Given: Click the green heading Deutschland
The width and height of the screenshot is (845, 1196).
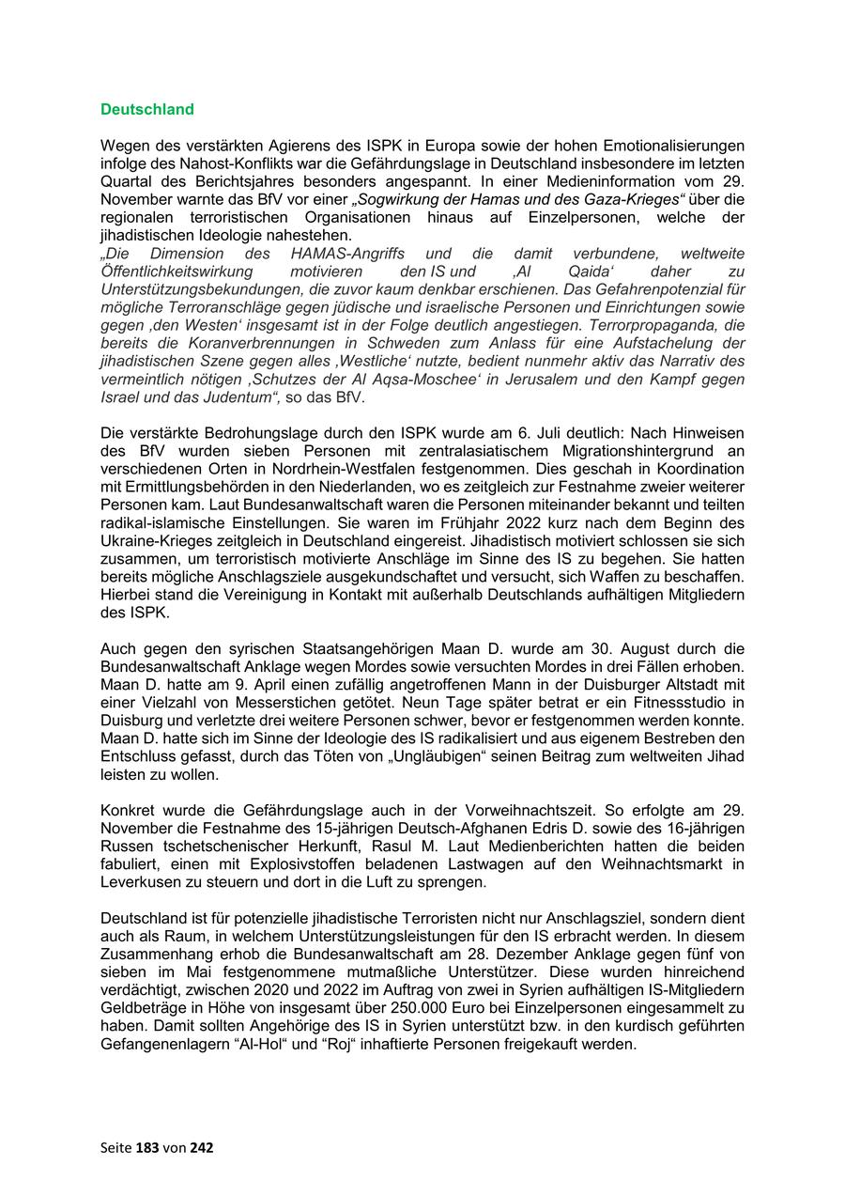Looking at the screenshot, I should click(x=147, y=109).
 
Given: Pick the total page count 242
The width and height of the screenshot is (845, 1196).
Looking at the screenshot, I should click(x=204, y=1147).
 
